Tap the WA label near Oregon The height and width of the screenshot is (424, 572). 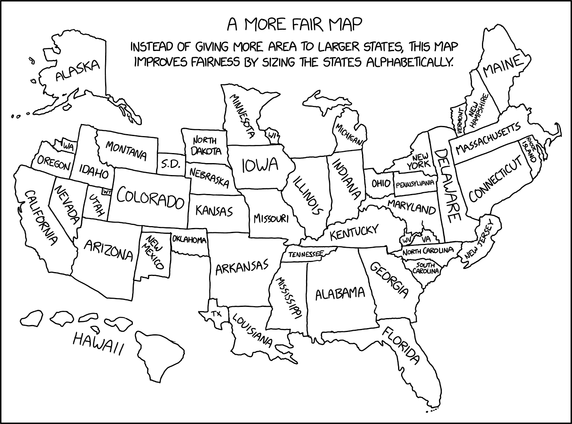tap(68, 146)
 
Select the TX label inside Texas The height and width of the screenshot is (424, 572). tap(217, 313)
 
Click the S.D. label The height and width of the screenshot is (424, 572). tap(169, 165)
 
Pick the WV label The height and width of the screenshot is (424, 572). tap(407, 240)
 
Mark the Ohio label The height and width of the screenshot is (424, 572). tap(380, 183)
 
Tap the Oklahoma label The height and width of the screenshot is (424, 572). tap(189, 240)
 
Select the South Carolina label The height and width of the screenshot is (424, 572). tap(426, 268)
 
